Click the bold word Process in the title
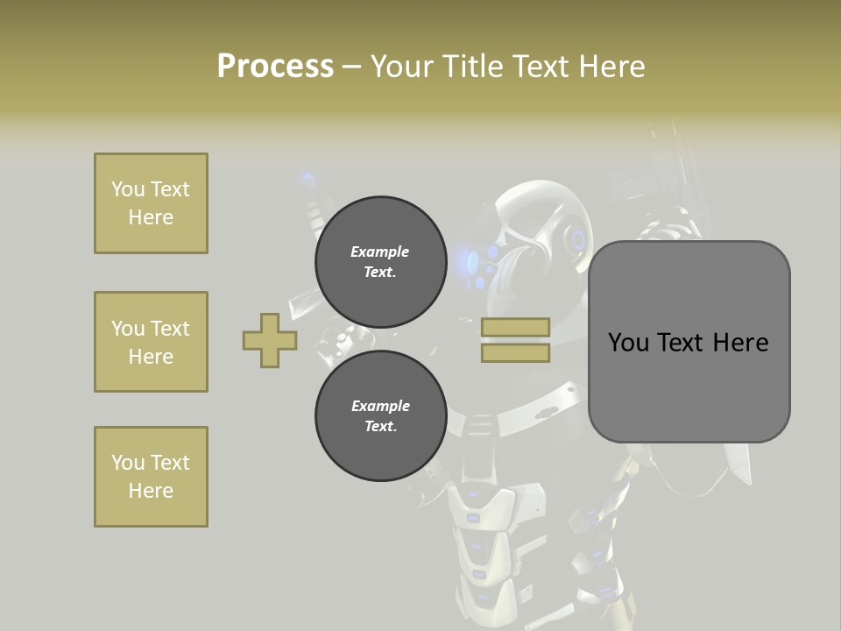point(275,67)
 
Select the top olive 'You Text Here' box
point(151,203)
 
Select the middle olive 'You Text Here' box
point(151,342)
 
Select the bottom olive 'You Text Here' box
point(151,476)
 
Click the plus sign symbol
point(270,340)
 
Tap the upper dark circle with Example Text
point(380,262)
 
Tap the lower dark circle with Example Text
point(380,415)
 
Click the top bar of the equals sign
point(515,327)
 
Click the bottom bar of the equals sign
point(515,352)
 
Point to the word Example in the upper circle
point(380,252)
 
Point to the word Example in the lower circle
point(380,406)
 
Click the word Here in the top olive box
point(151,217)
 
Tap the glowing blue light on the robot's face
point(473,260)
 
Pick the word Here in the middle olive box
point(151,357)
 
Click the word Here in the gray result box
point(740,343)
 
